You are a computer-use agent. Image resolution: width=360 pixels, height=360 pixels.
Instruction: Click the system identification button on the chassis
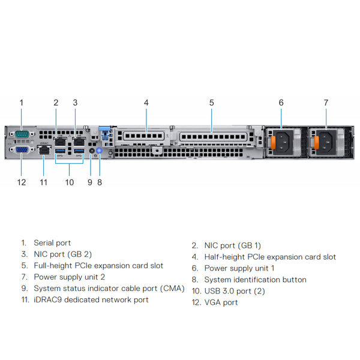(100, 152)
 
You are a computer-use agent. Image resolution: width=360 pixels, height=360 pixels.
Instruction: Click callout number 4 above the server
(146, 103)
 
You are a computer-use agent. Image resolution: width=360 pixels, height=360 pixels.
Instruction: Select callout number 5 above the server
(212, 103)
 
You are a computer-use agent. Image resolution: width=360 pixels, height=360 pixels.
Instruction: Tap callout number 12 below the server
(22, 182)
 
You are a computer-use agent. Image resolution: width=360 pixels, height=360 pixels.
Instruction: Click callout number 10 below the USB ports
(70, 182)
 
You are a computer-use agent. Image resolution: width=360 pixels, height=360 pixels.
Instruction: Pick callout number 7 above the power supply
(326, 103)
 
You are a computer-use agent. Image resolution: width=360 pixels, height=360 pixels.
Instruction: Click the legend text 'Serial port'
(52, 243)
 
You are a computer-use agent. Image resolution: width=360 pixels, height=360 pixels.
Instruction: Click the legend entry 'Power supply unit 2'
(70, 277)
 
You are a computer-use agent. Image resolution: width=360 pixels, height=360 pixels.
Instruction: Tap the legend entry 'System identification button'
(255, 280)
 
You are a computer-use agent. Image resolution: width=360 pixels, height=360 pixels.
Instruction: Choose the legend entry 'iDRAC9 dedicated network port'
(91, 299)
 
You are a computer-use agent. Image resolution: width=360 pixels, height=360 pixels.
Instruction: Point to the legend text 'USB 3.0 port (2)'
(235, 291)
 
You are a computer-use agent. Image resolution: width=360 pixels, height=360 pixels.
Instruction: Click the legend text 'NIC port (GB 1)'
(233, 245)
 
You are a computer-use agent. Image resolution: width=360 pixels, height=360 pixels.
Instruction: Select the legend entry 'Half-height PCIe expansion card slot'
(270, 257)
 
